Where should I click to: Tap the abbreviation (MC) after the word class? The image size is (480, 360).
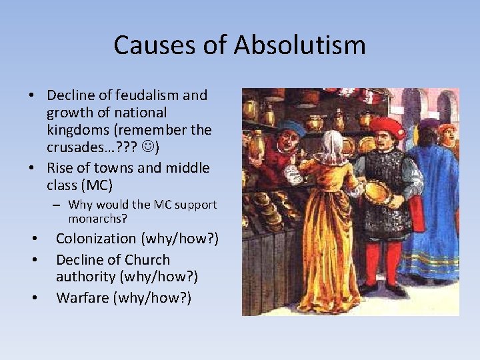(100, 185)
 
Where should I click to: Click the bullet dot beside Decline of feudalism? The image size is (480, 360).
(32, 95)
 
